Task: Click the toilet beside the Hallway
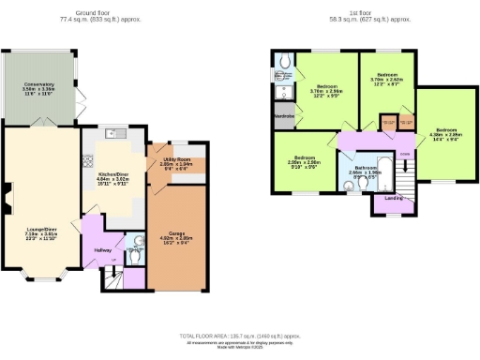click(137, 247)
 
